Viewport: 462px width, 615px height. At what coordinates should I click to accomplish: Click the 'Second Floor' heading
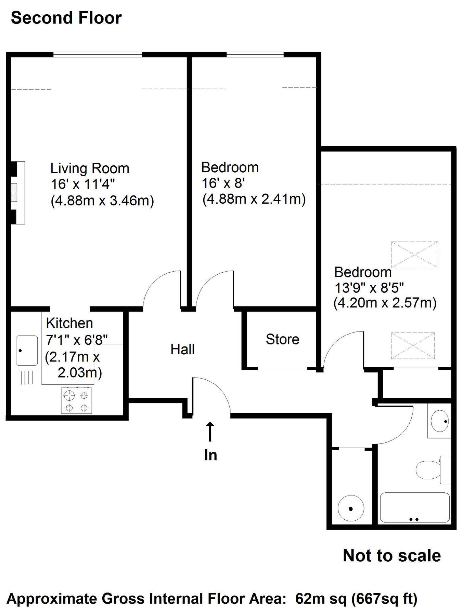point(66,18)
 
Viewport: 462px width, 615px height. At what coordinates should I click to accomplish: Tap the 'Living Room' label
point(90,168)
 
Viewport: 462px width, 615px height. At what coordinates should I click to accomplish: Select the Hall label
point(183,350)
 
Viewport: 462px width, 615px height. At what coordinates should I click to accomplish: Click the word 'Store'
point(282,339)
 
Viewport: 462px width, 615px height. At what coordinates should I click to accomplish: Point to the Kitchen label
point(69,323)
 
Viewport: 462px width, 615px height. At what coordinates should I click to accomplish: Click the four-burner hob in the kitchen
point(76,400)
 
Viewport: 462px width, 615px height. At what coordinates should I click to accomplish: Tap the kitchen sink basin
point(27,350)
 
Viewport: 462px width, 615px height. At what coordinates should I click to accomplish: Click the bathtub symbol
point(415,507)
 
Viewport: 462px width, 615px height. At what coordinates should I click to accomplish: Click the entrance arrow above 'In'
point(210,432)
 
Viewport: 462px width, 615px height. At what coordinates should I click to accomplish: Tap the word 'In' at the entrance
point(210,455)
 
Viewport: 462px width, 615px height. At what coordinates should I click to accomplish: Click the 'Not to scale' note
point(392,556)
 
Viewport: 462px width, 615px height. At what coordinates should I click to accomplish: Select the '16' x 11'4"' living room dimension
point(82,184)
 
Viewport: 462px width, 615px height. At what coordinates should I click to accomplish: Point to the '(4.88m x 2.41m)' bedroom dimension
point(254,199)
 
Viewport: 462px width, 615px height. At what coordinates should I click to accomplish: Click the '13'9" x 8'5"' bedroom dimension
point(369,288)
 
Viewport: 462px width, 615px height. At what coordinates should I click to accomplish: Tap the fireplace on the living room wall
point(16,193)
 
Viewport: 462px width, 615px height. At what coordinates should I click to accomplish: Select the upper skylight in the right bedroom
point(414,255)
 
